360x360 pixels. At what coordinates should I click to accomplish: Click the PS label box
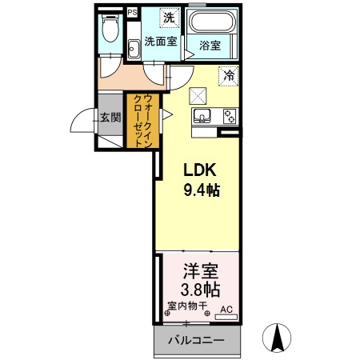[132, 13]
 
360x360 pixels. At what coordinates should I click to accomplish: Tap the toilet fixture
[110, 28]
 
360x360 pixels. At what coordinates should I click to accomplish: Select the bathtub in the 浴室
[212, 22]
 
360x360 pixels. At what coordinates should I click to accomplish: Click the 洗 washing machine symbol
[169, 18]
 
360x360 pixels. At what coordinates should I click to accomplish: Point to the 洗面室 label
[161, 42]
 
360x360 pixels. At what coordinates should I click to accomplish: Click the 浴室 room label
[210, 46]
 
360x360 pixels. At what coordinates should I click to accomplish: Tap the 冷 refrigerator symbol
[229, 76]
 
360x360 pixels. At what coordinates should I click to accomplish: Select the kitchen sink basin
[202, 115]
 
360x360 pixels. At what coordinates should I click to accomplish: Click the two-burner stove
[230, 117]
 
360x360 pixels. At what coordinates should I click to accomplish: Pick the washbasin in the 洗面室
[134, 49]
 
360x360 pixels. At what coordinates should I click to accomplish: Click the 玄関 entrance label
[110, 118]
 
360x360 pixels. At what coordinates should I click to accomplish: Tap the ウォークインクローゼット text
[143, 121]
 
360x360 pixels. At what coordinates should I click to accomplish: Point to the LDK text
[200, 170]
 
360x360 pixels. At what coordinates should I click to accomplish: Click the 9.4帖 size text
[202, 190]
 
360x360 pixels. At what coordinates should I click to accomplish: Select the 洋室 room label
[201, 271]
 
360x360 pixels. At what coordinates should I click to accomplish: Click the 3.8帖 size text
[200, 290]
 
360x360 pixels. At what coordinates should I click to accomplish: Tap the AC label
[226, 310]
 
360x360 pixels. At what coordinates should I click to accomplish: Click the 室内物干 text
[187, 306]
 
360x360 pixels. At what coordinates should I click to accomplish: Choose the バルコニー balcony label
[196, 340]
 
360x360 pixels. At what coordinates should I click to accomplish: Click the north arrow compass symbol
[277, 338]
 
